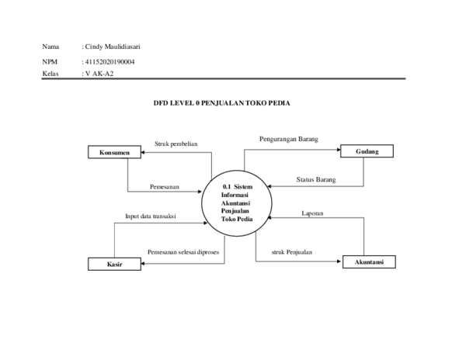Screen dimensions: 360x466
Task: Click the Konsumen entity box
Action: click(114, 153)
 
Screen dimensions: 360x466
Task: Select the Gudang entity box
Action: click(367, 152)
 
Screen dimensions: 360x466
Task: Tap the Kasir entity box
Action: click(114, 265)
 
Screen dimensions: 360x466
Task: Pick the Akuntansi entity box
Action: click(369, 263)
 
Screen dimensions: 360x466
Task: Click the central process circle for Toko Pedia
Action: click(237, 202)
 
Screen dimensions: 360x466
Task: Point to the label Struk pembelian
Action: click(176, 144)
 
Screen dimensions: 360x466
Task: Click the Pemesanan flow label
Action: click(165, 187)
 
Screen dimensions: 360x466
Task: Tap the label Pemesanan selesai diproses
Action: click(183, 252)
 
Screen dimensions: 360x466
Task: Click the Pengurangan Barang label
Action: click(288, 139)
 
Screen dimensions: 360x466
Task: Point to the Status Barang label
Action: click(316, 180)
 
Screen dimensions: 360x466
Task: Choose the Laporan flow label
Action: click(312, 213)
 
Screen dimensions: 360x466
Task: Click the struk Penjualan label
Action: click(292, 252)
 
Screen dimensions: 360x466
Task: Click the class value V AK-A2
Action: click(98, 73)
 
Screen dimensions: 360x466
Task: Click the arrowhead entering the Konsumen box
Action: click(144, 153)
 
